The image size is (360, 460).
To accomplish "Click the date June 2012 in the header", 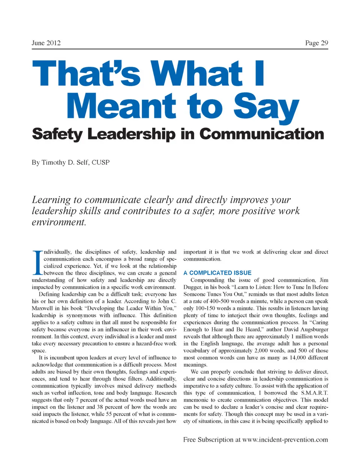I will pos(46,43).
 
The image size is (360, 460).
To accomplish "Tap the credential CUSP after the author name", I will pos(107,164).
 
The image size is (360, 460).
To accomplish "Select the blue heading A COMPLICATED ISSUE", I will pos(217,273).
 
